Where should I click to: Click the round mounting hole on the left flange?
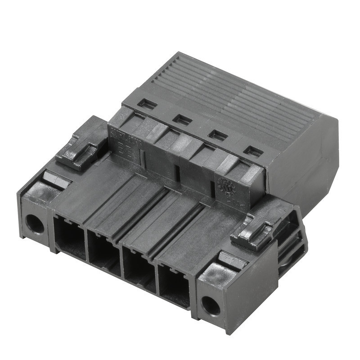click(x=34, y=224)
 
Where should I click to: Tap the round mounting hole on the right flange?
click(x=210, y=306)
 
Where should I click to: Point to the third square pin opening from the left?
click(x=139, y=269)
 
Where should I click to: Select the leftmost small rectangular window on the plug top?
click(x=147, y=104)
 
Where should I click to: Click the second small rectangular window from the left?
click(x=182, y=119)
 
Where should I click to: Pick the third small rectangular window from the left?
click(x=218, y=135)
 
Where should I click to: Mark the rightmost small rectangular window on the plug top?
click(x=253, y=152)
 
